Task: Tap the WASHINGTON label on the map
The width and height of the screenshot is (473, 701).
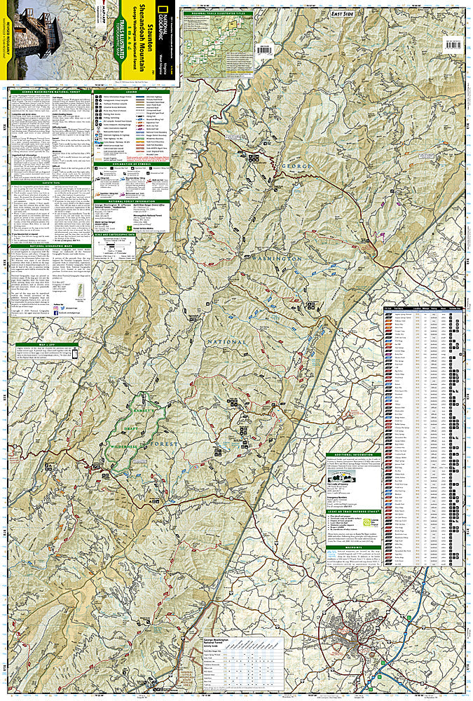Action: pyautogui.click(x=284, y=259)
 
